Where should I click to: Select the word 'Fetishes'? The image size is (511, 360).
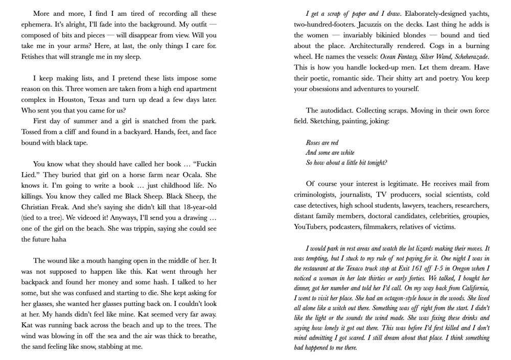click(36, 57)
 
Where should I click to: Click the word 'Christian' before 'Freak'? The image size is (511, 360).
click(38, 207)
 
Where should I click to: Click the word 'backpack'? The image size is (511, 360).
click(37, 282)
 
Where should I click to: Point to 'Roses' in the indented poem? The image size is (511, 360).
click(315, 143)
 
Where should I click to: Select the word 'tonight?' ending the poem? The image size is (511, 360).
click(375, 163)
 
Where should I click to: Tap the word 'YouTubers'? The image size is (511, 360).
click(311, 227)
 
